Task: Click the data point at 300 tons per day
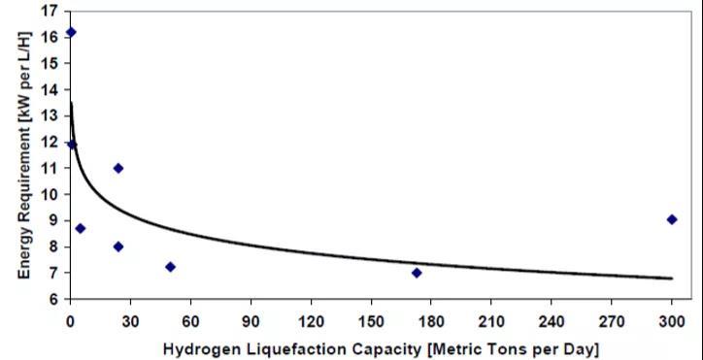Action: click(672, 219)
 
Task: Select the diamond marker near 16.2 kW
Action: click(71, 32)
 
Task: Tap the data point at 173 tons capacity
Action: click(417, 273)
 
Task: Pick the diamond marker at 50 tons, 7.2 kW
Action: click(170, 267)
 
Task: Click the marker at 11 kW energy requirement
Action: click(118, 168)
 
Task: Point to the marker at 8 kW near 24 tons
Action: click(118, 246)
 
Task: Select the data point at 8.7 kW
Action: click(81, 228)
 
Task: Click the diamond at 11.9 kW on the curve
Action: click(72, 145)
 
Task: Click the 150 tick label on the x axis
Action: click(371, 322)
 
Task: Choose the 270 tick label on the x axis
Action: click(611, 322)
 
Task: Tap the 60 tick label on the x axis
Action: click(190, 322)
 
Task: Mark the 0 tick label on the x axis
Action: click(70, 322)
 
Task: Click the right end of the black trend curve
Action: click(673, 278)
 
